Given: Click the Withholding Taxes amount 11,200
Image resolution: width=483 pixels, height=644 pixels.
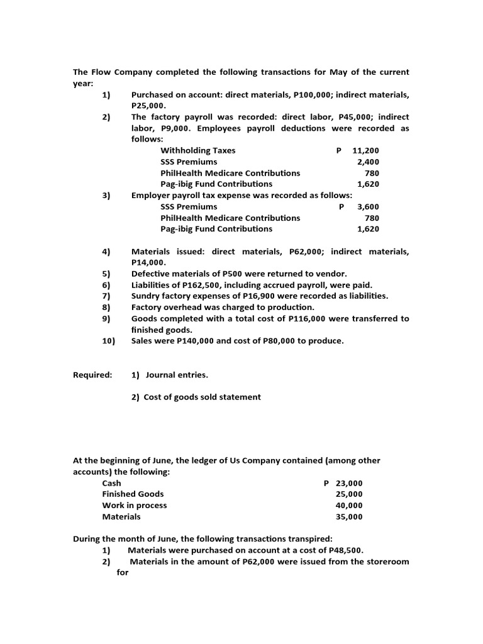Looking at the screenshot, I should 366,151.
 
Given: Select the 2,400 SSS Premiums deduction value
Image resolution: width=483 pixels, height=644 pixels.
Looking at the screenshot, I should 368,162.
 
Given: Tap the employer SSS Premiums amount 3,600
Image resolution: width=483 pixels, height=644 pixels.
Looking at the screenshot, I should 368,207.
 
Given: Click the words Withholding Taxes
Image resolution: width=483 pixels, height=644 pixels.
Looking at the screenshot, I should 198,151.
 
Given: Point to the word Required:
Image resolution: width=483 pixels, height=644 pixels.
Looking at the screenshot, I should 92,375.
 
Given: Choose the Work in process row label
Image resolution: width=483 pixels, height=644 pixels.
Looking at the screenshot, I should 135,506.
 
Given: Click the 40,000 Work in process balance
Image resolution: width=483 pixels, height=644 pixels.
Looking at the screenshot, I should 350,506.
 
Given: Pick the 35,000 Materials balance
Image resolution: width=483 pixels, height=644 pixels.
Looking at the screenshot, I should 350,517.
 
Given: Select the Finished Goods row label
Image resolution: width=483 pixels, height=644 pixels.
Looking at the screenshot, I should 133,494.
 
